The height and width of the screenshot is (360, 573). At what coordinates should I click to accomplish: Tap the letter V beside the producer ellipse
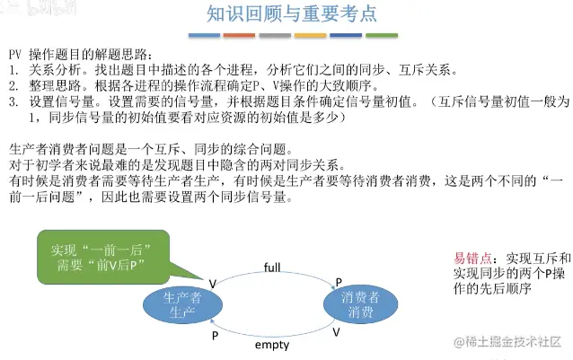click(x=213, y=283)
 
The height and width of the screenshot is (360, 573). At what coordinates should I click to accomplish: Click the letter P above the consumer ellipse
click(x=339, y=282)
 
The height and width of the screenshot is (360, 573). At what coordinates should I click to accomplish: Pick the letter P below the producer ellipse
click(x=215, y=334)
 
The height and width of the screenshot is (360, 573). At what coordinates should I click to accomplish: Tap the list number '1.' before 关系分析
click(x=13, y=69)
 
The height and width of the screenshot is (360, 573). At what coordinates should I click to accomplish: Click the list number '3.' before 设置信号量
click(x=13, y=101)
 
